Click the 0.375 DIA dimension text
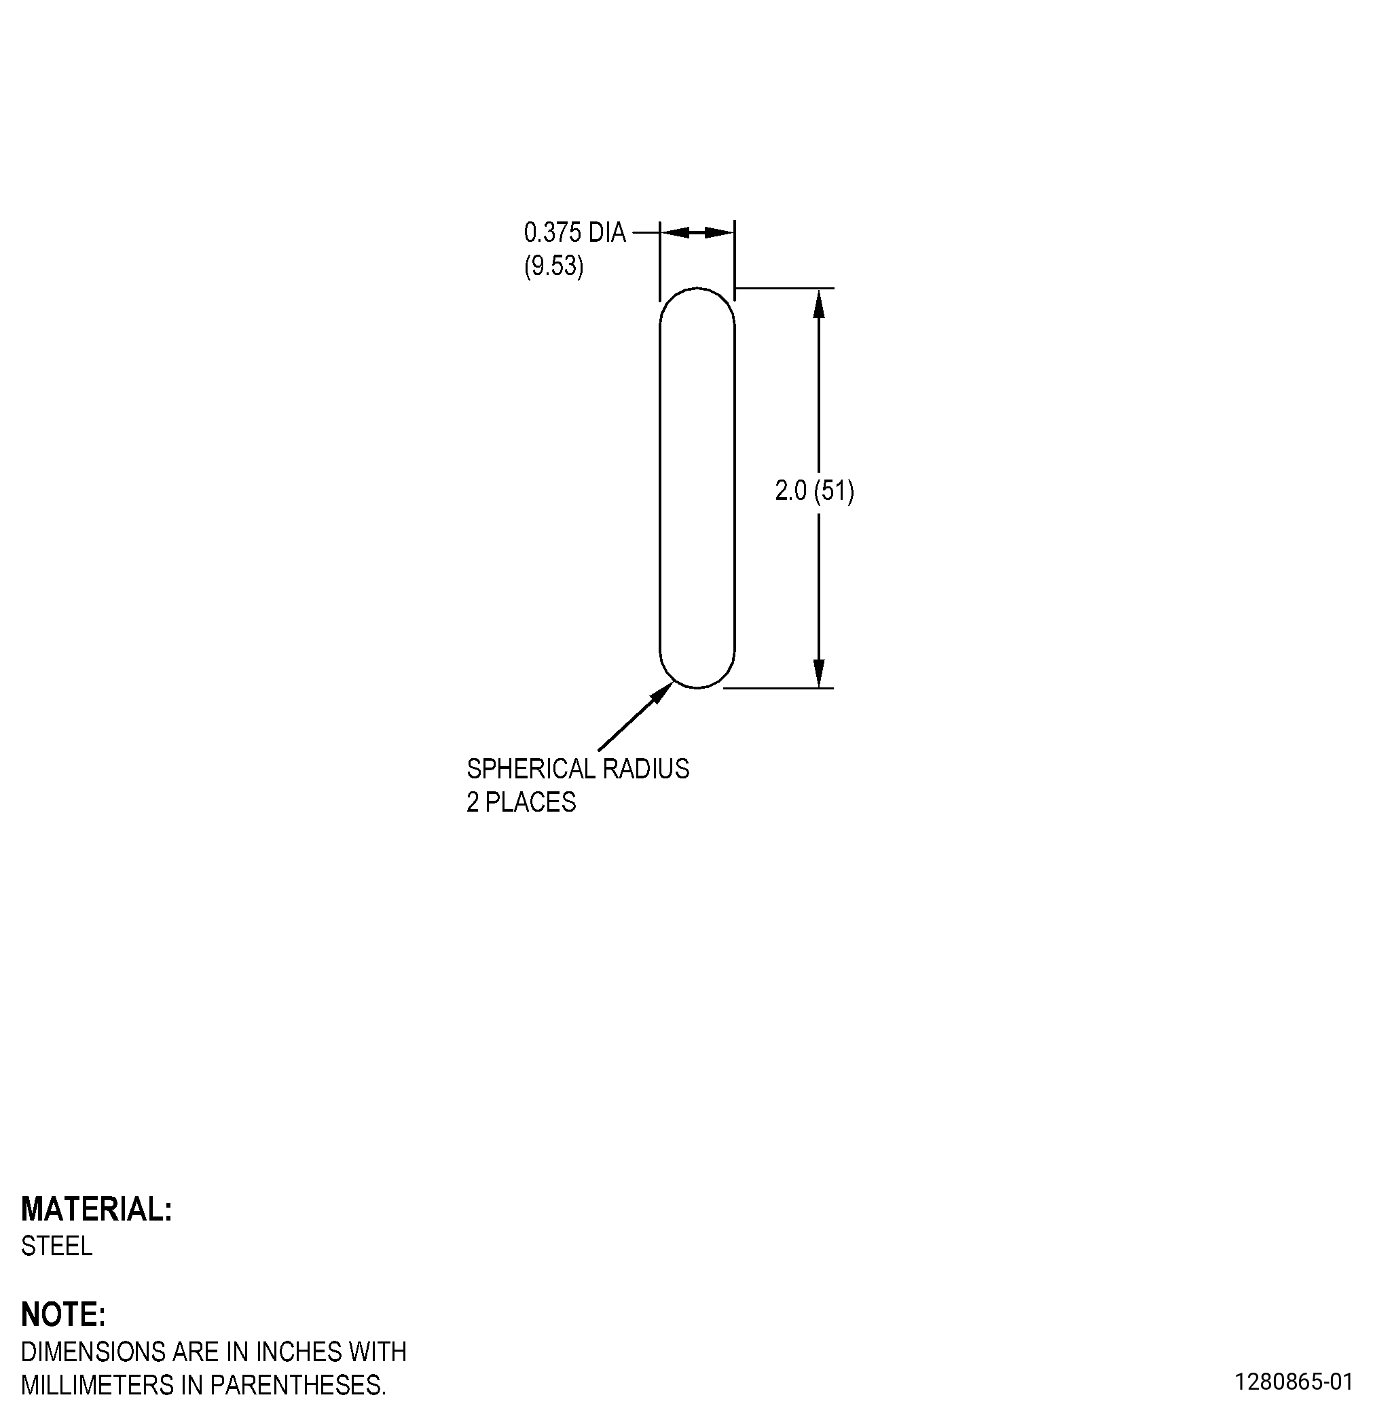tap(574, 233)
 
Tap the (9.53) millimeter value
tap(554, 266)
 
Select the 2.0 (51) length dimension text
tap(815, 492)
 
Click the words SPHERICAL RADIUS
tap(578, 768)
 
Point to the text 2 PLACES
tap(521, 802)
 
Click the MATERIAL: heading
tap(96, 1209)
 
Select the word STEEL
tap(56, 1246)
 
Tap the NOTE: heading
tap(63, 1314)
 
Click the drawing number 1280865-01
tap(1294, 1382)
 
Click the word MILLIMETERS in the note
tap(97, 1385)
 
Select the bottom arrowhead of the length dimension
tap(819, 672)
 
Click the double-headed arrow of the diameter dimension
tap(697, 233)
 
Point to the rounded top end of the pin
tap(697, 289)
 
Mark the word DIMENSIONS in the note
tap(94, 1352)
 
